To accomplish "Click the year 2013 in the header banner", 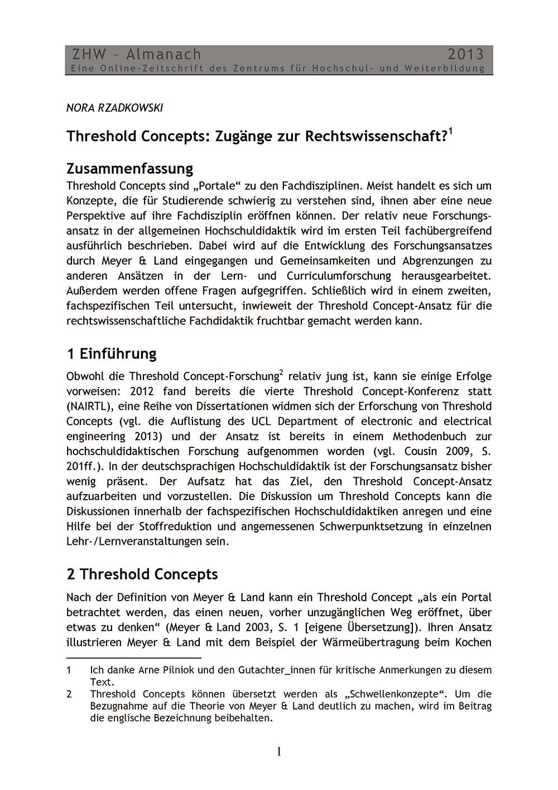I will tap(465, 54).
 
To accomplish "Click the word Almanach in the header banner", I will tap(163, 54).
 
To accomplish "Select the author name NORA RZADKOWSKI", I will tap(114, 108).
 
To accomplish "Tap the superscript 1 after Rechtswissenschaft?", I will tap(450, 132).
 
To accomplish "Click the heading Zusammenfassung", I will tap(129, 168).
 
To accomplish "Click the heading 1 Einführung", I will tap(111, 353).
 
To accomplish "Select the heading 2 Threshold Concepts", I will tap(142, 574).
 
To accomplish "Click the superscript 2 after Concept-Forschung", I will tap(281, 372).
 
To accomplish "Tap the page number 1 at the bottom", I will tap(279, 752).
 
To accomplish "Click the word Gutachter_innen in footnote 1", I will tap(272, 669).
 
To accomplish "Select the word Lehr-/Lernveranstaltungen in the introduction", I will tap(147, 541).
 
